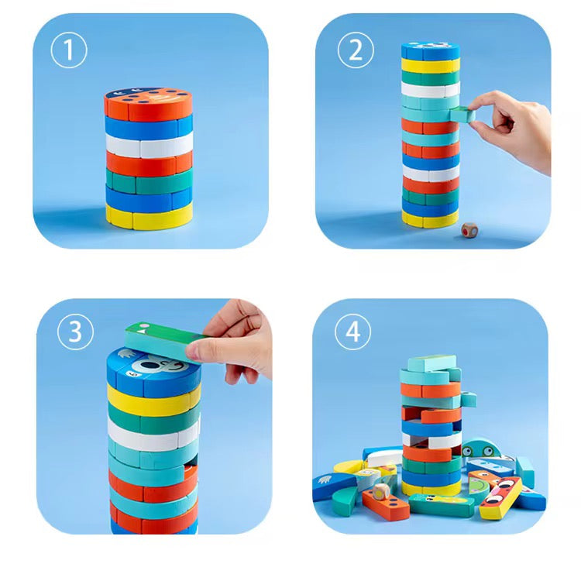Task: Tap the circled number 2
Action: click(x=356, y=50)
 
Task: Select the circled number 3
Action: click(x=75, y=332)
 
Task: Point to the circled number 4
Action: click(x=353, y=332)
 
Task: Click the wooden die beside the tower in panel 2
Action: click(x=467, y=231)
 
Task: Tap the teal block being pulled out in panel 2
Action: click(x=463, y=114)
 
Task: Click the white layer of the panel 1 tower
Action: click(x=149, y=145)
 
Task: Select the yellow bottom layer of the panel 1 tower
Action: click(x=149, y=216)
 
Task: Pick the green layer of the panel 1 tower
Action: click(x=149, y=180)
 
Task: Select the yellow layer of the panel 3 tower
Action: click(x=152, y=400)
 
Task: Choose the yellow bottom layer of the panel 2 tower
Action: click(x=430, y=219)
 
